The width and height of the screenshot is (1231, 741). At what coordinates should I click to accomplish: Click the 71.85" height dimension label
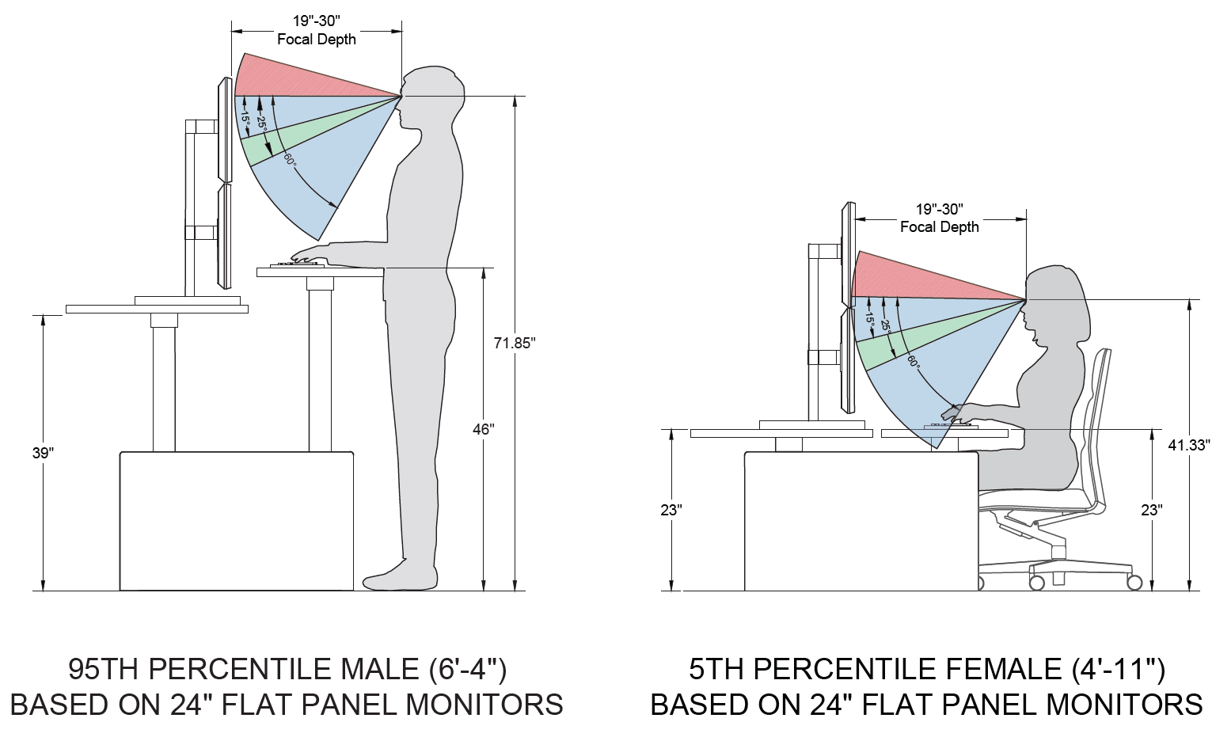click(x=515, y=343)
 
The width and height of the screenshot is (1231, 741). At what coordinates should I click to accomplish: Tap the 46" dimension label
click(x=483, y=429)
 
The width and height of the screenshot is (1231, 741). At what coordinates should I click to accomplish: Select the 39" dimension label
click(x=43, y=453)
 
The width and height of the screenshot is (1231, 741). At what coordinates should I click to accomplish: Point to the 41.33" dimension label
click(x=1189, y=445)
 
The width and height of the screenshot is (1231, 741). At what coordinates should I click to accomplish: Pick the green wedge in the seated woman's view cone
click(x=910, y=340)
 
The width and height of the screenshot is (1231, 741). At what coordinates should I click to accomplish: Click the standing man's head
click(x=431, y=91)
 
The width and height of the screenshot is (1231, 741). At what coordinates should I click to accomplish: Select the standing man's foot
click(x=396, y=578)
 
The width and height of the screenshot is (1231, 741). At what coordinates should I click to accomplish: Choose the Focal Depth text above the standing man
click(x=317, y=40)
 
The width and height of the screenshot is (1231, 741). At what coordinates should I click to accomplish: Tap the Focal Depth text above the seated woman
click(x=940, y=227)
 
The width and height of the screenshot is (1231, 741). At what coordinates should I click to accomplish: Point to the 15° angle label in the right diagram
click(x=869, y=319)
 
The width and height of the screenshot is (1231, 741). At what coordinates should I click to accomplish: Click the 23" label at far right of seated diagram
click(x=1151, y=511)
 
